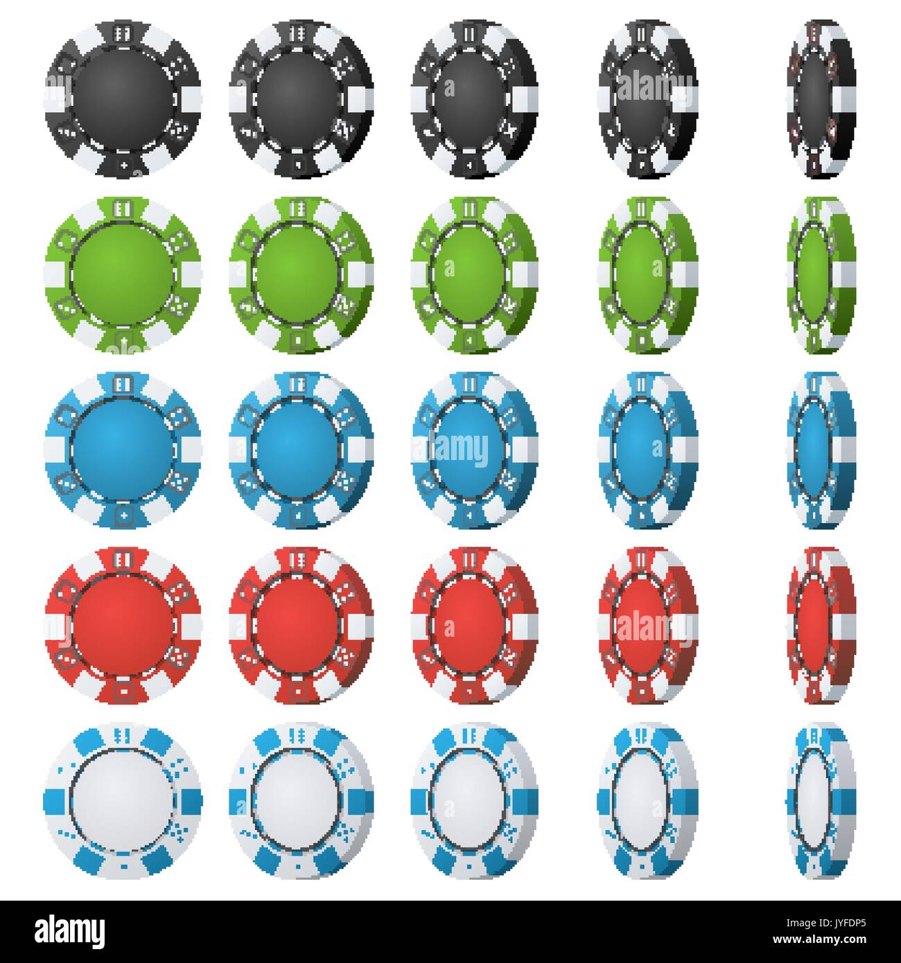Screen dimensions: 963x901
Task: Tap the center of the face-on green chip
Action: pos(123,274)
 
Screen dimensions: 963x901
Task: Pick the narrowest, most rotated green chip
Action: pos(820,274)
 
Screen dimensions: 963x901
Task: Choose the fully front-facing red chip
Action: pos(123,624)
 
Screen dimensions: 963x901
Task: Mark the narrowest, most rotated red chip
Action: pos(820,624)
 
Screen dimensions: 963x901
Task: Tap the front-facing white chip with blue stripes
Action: pos(123,800)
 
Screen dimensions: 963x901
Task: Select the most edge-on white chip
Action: pos(820,800)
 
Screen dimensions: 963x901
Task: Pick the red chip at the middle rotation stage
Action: pos(475,624)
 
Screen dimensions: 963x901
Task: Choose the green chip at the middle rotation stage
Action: pos(475,274)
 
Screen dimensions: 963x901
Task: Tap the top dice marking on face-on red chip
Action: pos(123,558)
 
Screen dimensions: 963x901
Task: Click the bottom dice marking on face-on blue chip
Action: pos(123,514)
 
